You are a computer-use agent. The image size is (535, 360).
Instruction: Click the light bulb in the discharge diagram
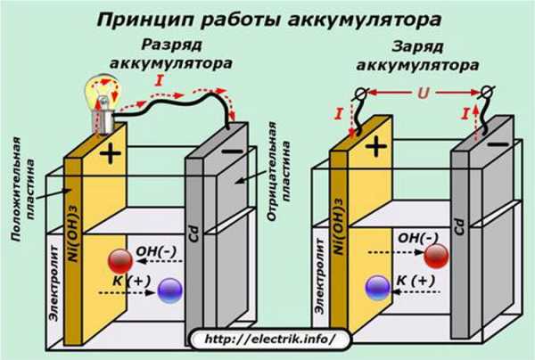click(100, 94)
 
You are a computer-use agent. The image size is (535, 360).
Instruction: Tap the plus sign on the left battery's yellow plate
click(111, 153)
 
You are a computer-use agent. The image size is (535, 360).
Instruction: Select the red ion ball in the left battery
click(120, 259)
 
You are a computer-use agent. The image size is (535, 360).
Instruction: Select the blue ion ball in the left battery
click(169, 289)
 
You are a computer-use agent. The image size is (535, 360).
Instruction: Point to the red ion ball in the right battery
click(436, 256)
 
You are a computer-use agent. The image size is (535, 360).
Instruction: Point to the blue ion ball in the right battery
click(378, 286)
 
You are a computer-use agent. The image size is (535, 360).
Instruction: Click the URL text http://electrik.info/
click(264, 339)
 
